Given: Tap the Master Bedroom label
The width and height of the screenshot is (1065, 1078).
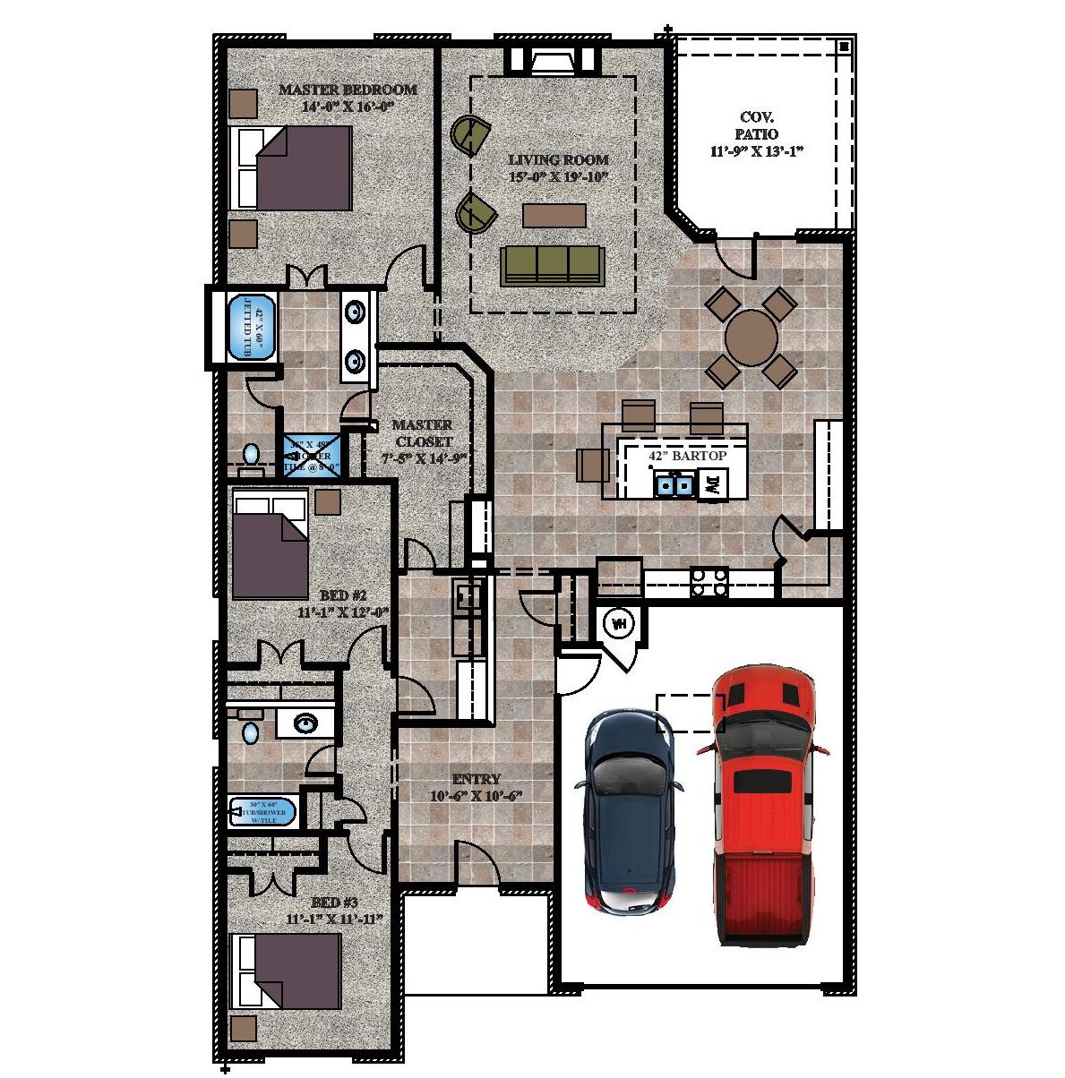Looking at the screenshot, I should click(x=348, y=97).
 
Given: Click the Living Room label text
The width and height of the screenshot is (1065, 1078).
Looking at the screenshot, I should click(x=558, y=167).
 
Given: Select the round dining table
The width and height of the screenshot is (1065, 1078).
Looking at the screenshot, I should click(x=751, y=335).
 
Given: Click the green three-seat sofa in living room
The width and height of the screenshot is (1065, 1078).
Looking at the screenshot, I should click(x=552, y=266).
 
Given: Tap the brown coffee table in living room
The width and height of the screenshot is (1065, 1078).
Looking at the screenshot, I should click(x=554, y=216).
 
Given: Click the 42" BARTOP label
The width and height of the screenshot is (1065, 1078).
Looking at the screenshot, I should click(x=687, y=456).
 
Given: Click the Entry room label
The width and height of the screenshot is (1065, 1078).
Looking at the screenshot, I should click(x=476, y=787).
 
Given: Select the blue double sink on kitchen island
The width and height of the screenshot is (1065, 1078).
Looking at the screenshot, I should click(x=674, y=484).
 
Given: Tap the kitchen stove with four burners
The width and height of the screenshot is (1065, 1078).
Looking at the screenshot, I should click(x=709, y=583).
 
